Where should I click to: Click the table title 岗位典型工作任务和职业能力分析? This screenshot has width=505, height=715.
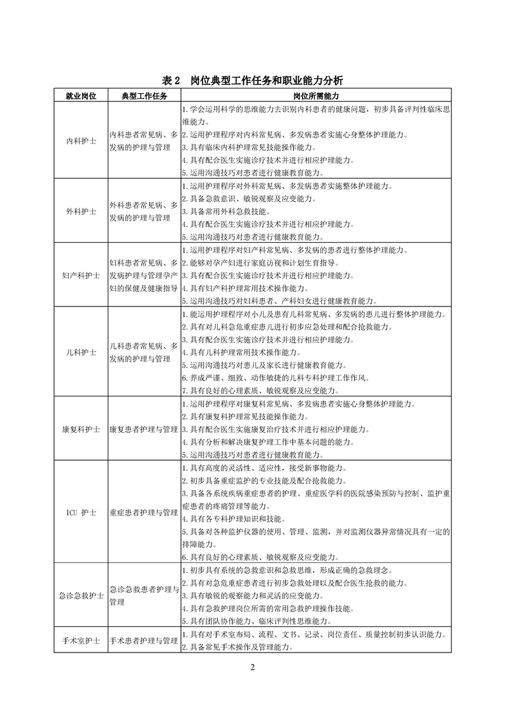pyautogui.click(x=253, y=80)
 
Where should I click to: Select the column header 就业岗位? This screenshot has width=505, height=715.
pyautogui.click(x=81, y=96)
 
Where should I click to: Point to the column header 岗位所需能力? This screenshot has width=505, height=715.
pyautogui.click(x=316, y=96)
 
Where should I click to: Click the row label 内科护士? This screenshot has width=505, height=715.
pyautogui.click(x=81, y=140)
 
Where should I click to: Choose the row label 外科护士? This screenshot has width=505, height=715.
pyautogui.click(x=81, y=211)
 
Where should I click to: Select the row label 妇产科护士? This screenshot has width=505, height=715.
pyautogui.click(x=81, y=275)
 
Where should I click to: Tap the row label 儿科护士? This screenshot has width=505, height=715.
pyautogui.click(x=81, y=352)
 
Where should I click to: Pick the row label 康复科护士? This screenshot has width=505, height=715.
pyautogui.click(x=81, y=430)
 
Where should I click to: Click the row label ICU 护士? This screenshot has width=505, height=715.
pyautogui.click(x=81, y=512)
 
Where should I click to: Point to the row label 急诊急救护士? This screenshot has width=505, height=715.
pyautogui.click(x=81, y=595)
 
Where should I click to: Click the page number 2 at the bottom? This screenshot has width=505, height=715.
pyautogui.click(x=252, y=667)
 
